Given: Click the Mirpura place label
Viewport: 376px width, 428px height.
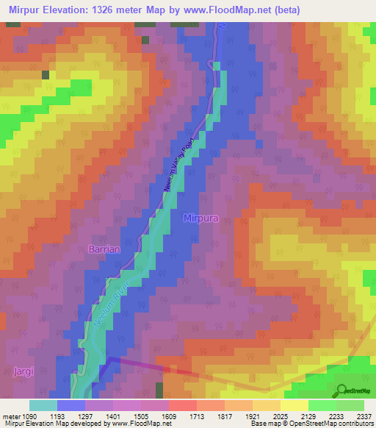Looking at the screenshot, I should [x=201, y=218].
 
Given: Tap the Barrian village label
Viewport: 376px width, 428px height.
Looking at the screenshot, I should [x=104, y=249].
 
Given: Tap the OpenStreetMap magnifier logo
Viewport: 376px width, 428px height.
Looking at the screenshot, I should [x=342, y=390].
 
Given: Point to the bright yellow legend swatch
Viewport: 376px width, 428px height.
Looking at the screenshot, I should [x=294, y=405].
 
